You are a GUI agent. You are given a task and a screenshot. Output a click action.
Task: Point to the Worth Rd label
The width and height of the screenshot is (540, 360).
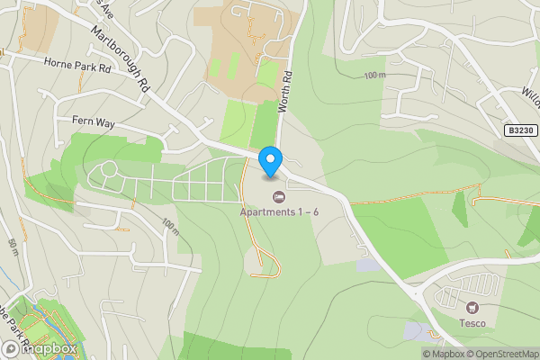click(286, 91)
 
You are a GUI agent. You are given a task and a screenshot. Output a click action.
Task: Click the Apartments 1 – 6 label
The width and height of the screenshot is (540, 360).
click(279, 211)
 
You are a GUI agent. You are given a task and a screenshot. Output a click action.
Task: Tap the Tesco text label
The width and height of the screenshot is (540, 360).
click(472, 323)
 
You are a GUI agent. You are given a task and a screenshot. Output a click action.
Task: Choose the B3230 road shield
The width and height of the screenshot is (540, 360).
click(518, 130)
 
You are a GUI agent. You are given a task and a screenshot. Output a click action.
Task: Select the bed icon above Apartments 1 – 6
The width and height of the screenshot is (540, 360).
click(279, 195)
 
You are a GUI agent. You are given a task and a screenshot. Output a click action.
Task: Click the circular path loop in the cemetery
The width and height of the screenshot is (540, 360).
click(109, 168)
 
